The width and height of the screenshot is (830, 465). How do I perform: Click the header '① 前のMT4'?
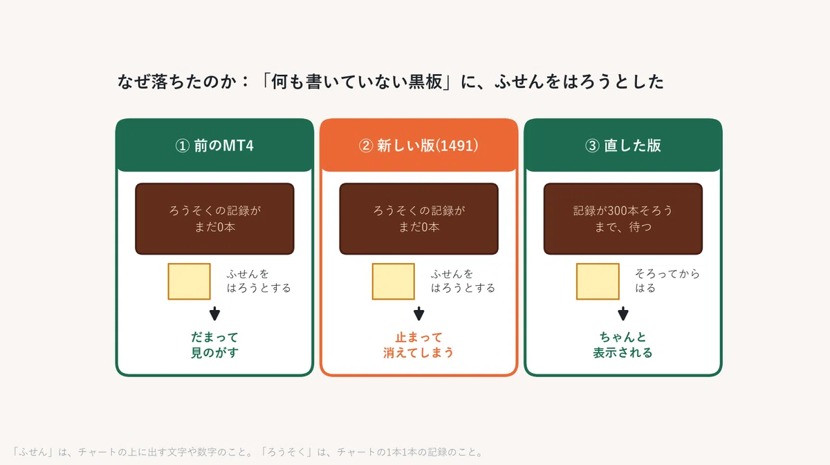[x=214, y=145]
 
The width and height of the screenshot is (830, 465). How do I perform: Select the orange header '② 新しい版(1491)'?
[x=418, y=145]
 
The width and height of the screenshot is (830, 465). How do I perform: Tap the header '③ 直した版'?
[x=623, y=145]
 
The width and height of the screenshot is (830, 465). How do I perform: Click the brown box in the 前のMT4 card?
[x=214, y=219]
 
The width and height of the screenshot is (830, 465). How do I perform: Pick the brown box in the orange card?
[x=418, y=219]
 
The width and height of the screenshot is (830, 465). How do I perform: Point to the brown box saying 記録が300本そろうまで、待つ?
[x=623, y=219]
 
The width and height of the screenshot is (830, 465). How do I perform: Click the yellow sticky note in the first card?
[x=189, y=282]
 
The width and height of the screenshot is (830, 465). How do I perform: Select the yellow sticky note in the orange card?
[x=393, y=282]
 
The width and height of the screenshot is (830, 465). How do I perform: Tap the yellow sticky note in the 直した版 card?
[x=598, y=282]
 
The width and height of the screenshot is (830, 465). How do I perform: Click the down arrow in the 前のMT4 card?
[x=214, y=313]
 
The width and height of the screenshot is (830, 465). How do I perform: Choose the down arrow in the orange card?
[x=418, y=313]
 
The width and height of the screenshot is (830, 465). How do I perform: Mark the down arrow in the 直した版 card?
[x=623, y=313]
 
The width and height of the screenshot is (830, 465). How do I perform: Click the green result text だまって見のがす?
[x=214, y=345]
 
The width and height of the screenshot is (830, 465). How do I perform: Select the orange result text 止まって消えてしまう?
[x=418, y=345]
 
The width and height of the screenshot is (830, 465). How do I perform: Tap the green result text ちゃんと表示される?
[x=623, y=345]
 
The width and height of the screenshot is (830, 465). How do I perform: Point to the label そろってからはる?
[x=667, y=281]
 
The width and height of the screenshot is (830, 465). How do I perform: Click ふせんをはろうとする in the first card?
[x=259, y=281]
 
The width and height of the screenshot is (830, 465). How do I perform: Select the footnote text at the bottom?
[x=248, y=452]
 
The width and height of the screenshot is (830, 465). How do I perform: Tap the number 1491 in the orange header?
[x=457, y=145]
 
